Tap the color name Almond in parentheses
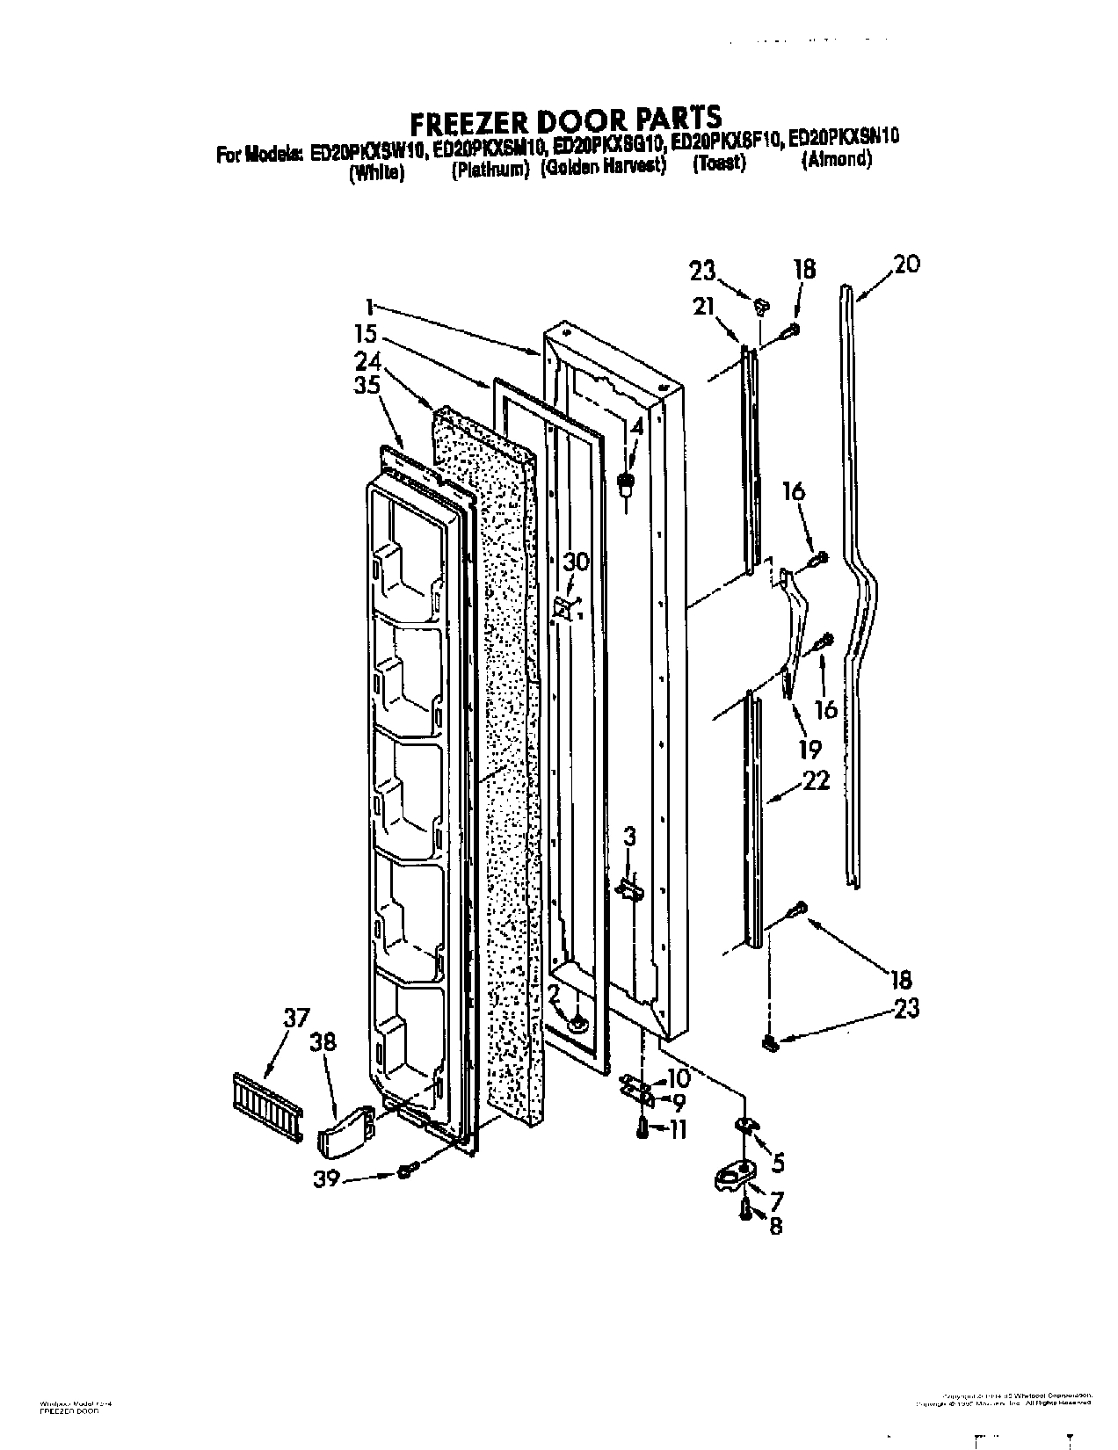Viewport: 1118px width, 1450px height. tap(836, 160)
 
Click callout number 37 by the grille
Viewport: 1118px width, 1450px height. tap(296, 1019)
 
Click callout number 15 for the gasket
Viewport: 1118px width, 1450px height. tap(367, 335)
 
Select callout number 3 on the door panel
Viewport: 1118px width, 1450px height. tap(630, 835)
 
